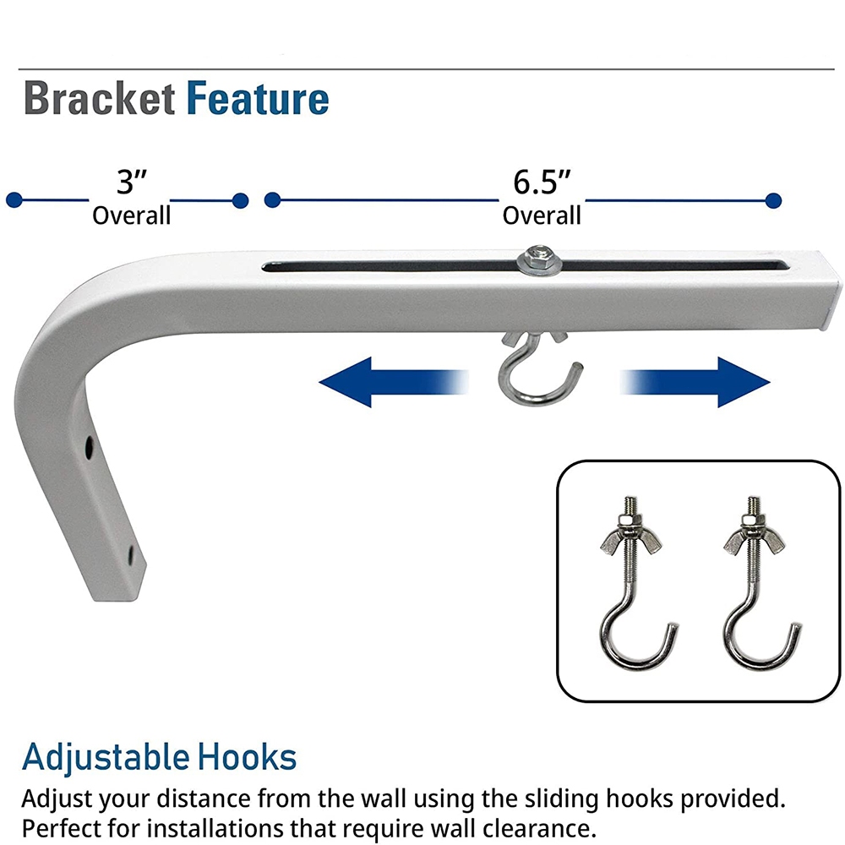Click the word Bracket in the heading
tap(99, 100)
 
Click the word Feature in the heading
tap(258, 100)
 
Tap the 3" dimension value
tap(132, 182)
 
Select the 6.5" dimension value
tap(542, 182)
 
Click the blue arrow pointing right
tap(696, 382)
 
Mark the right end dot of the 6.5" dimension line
tap(772, 201)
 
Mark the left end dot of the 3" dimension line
tap(14, 201)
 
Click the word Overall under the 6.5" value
tap(542, 215)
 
